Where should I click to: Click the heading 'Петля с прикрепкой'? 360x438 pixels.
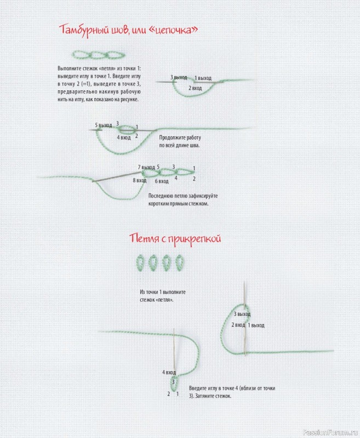[x=175, y=239]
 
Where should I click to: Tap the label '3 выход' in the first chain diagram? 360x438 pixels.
[x=179, y=78]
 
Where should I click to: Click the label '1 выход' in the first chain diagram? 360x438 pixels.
[x=203, y=78]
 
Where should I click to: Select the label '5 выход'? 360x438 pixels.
[x=104, y=125]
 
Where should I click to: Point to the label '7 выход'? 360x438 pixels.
[x=146, y=167]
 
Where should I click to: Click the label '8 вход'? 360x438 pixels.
[x=139, y=180]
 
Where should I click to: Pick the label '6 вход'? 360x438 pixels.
[x=161, y=181]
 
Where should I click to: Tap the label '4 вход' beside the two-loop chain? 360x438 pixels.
[x=123, y=137]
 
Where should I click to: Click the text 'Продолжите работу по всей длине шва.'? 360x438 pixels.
[x=180, y=142]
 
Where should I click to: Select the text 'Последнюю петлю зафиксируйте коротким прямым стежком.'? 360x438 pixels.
[x=183, y=199]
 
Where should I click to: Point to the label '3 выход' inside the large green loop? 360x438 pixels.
[x=242, y=314]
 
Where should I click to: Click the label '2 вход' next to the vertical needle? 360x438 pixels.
[x=238, y=325]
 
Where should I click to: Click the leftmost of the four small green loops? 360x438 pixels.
[x=140, y=262]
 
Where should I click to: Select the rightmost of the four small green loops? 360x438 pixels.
[x=179, y=262]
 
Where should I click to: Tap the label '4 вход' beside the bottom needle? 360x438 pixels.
[x=168, y=372]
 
